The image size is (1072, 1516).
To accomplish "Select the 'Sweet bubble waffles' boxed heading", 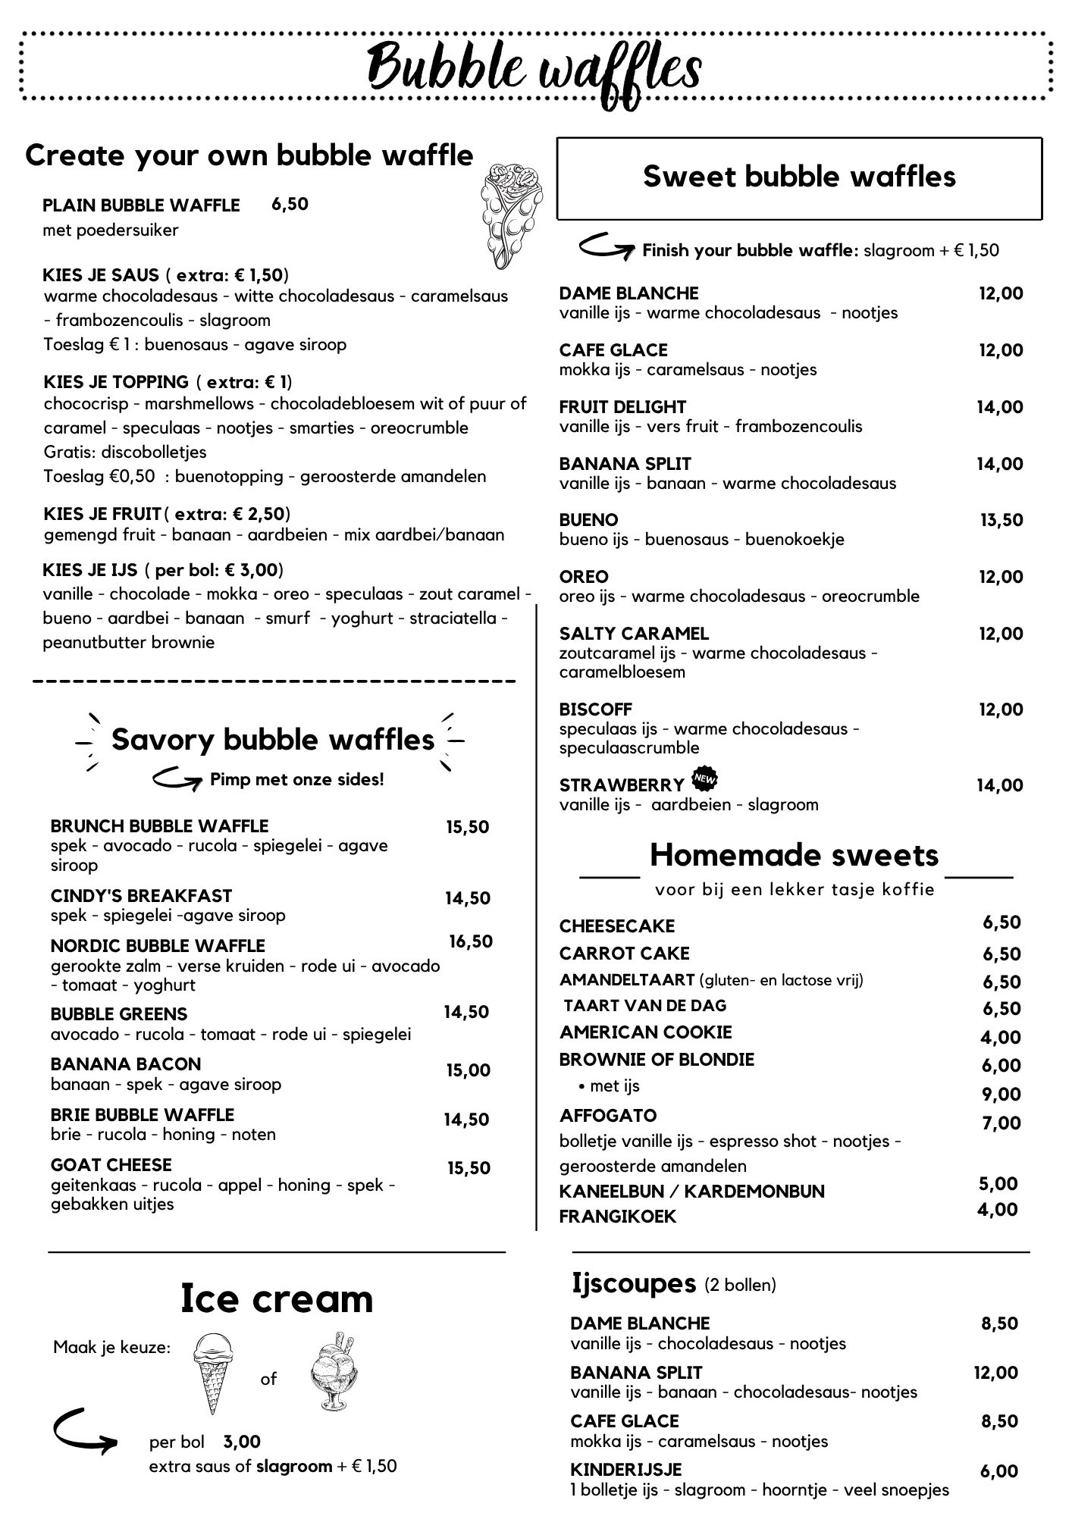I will (x=799, y=177).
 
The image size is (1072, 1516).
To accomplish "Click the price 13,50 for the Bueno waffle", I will (x=1001, y=520).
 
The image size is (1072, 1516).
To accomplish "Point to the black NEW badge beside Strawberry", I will (x=705, y=778).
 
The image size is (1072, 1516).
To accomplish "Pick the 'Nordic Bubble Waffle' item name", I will (x=158, y=946).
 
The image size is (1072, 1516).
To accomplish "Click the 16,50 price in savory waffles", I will (x=471, y=941).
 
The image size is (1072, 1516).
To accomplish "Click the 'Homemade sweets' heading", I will (x=794, y=855).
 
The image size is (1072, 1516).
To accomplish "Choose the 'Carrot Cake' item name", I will (x=625, y=954).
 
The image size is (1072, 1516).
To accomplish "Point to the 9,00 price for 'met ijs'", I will (x=1001, y=1094).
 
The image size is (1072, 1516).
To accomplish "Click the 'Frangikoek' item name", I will (x=618, y=1217).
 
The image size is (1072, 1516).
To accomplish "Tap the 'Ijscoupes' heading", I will (x=633, y=1283).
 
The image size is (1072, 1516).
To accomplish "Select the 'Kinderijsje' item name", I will (x=626, y=1470).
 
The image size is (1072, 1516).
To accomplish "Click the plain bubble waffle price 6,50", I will (x=290, y=204).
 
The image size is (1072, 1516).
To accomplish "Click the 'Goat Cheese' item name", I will (x=111, y=1164).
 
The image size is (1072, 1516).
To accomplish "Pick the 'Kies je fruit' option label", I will (x=102, y=514).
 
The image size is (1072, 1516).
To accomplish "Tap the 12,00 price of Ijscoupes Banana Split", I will (x=995, y=1372).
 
